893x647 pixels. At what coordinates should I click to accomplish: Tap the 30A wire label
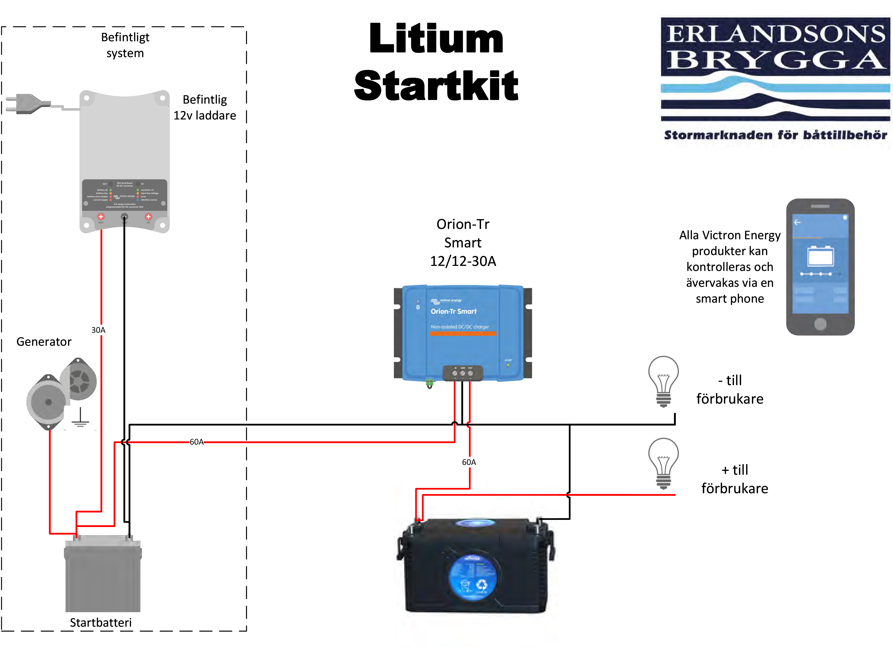click(x=99, y=330)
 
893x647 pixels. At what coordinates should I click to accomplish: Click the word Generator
click(x=44, y=341)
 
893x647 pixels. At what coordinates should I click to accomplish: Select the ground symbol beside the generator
click(x=80, y=418)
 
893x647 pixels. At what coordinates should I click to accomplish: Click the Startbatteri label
click(x=101, y=623)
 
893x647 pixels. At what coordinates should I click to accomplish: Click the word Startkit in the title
click(x=436, y=85)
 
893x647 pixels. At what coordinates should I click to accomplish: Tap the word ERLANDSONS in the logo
click(x=775, y=34)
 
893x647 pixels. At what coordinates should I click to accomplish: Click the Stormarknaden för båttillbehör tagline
click(x=775, y=135)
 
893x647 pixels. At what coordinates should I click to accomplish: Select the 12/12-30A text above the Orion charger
click(x=463, y=261)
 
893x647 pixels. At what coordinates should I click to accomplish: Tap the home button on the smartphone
click(x=820, y=324)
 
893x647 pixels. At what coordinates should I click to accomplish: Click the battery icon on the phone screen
click(x=820, y=257)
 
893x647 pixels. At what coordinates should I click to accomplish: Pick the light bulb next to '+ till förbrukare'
click(x=663, y=463)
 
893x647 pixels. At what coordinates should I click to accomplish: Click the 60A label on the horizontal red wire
click(x=197, y=442)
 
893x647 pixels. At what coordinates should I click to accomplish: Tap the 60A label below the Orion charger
click(x=469, y=462)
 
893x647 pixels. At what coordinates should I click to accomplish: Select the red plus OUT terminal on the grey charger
click(x=101, y=216)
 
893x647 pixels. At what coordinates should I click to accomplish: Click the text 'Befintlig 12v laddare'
click(x=205, y=108)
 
